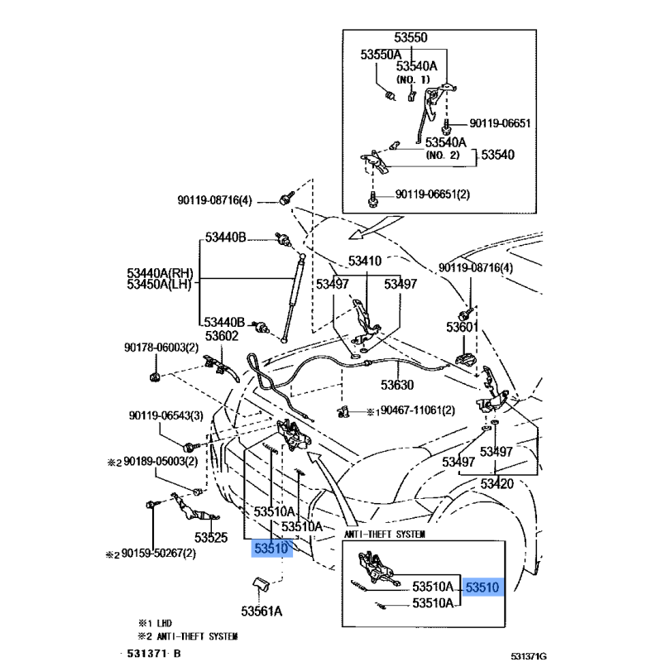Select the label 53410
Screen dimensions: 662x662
(364, 261)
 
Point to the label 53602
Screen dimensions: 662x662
(222, 336)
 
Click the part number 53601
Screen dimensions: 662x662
(463, 328)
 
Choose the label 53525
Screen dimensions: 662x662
(211, 537)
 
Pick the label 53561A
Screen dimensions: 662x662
(262, 612)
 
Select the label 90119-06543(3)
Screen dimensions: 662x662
(163, 416)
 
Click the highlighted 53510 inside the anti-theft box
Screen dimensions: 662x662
(483, 587)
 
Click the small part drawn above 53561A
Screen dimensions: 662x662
(259, 586)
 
